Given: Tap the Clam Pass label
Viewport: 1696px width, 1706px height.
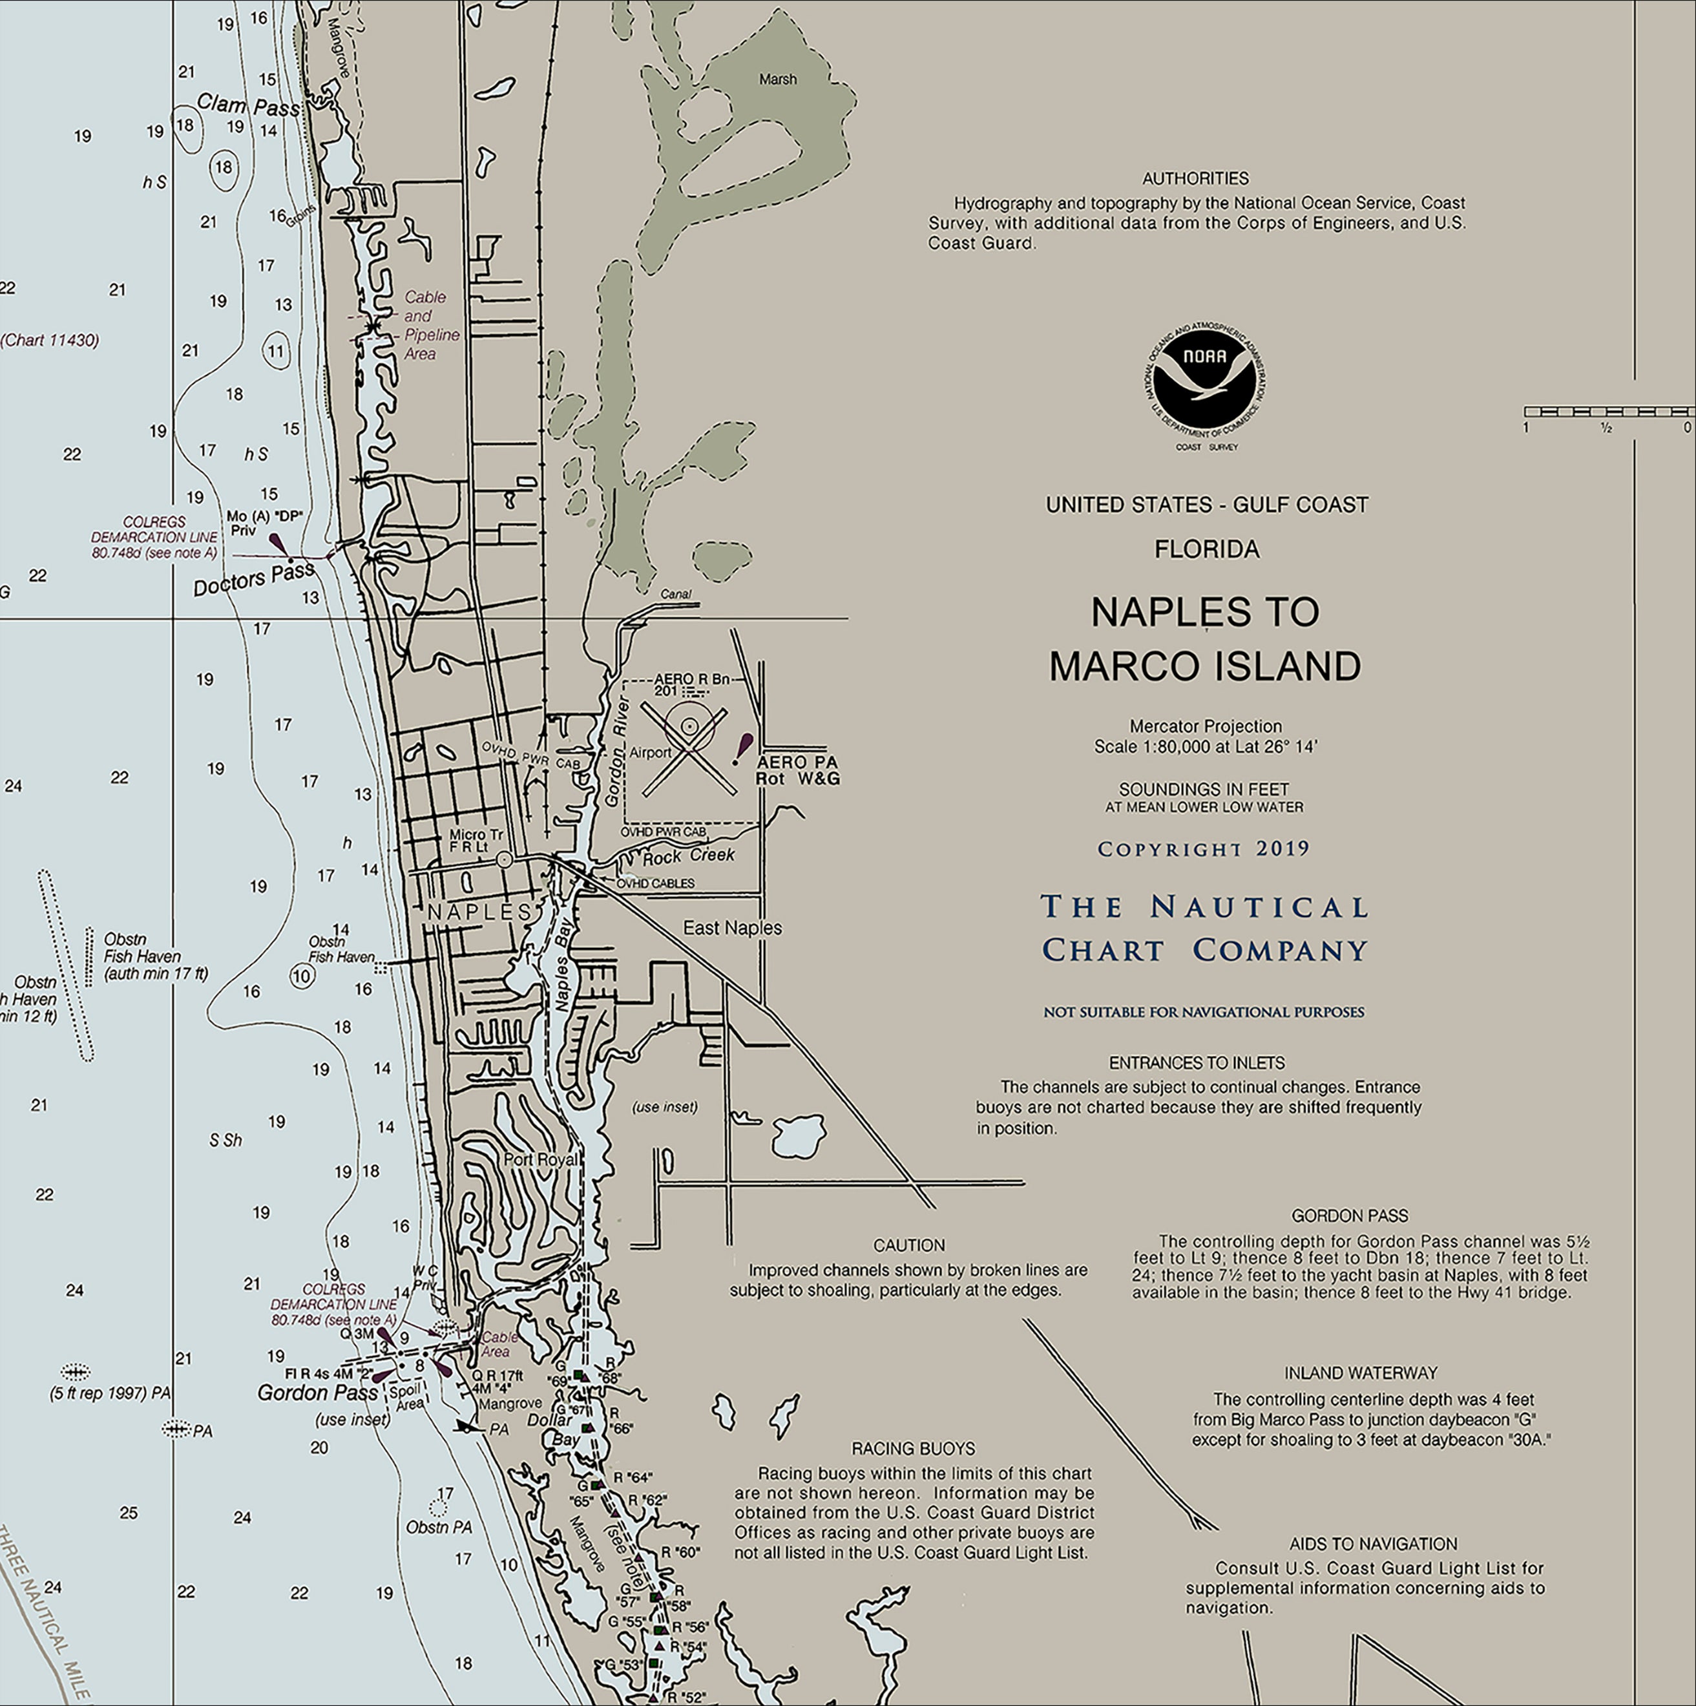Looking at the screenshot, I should (x=247, y=105).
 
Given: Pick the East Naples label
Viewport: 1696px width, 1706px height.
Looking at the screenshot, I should (x=732, y=928).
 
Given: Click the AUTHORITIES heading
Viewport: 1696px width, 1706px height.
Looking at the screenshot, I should (x=1195, y=178).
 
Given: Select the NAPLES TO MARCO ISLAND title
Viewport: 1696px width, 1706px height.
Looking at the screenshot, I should (x=1205, y=639).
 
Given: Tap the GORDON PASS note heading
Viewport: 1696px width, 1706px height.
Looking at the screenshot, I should (x=1349, y=1216).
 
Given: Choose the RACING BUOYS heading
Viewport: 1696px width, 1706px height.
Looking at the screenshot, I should (x=913, y=1448).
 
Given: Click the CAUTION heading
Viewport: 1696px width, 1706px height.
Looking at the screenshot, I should (x=908, y=1245).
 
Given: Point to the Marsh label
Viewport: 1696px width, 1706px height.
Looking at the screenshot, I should (x=778, y=79).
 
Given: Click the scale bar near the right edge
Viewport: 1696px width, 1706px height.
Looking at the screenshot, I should (x=1607, y=412).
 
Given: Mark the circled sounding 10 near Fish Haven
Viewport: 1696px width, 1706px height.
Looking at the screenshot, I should (x=302, y=976).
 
